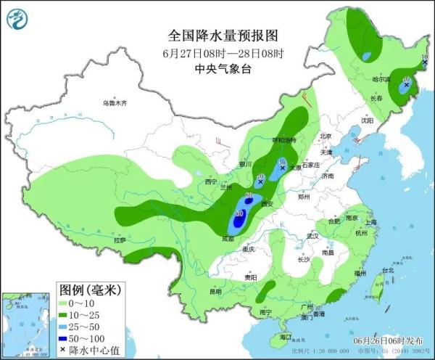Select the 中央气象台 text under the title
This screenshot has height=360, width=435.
pos(223,69)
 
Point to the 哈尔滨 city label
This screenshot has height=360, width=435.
pos(381,79)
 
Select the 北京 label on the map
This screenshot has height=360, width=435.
pos(325,136)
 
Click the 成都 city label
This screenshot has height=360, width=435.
pos(228,237)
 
